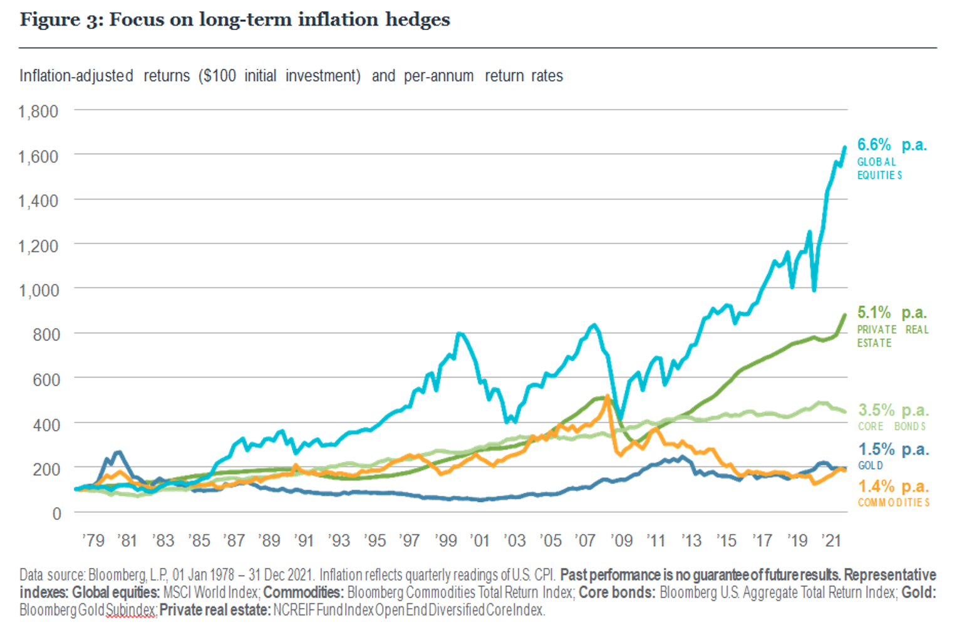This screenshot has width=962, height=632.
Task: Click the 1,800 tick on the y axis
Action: pyautogui.click(x=38, y=112)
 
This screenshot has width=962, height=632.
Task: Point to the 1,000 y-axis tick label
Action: pyautogui.click(x=38, y=290)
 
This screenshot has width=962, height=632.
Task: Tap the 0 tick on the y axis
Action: pyautogui.click(x=57, y=513)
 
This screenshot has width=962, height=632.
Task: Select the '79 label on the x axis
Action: pyautogui.click(x=93, y=540)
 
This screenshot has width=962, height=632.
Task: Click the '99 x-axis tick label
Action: pyautogui.click(x=446, y=540)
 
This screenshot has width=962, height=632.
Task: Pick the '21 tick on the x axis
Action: pyautogui.click(x=831, y=540)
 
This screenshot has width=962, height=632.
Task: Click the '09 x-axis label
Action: pyautogui.click(x=621, y=540)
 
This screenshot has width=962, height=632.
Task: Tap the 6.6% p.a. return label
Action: pyautogui.click(x=891, y=145)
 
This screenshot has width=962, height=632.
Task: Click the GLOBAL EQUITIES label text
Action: pyautogui.click(x=879, y=169)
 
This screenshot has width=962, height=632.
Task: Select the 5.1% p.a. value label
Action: pyautogui.click(x=891, y=312)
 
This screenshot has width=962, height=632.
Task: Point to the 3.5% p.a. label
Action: pyautogui.click(x=893, y=410)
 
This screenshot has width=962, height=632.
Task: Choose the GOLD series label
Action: pyautogui.click(x=870, y=465)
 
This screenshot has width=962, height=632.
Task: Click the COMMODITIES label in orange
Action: pyautogui.click(x=893, y=503)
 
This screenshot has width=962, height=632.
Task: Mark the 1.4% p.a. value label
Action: pyautogui.click(x=893, y=487)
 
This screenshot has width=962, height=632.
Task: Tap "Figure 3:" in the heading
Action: pyautogui.click(x=61, y=19)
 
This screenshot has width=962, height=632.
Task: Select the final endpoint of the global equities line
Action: pyautogui.click(x=845, y=147)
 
